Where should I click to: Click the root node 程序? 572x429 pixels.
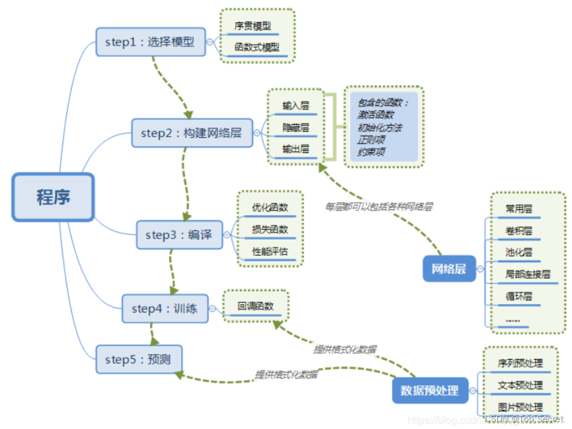[x=53, y=198]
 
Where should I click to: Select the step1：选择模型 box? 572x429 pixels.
[x=150, y=42]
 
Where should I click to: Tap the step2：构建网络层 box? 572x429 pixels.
[x=191, y=133]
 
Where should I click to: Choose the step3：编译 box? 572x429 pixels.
[x=179, y=235]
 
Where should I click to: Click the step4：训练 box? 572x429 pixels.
[x=164, y=309]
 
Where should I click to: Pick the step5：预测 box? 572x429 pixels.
[x=138, y=360]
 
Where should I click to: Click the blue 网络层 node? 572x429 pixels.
[x=449, y=268]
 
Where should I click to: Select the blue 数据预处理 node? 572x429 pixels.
[x=429, y=391]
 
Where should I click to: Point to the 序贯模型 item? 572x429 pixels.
[x=253, y=26]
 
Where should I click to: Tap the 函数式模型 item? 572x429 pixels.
[x=257, y=48]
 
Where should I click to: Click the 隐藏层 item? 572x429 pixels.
[x=295, y=127]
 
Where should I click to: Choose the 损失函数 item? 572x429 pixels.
[x=270, y=229]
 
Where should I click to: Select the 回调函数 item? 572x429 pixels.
[x=256, y=306]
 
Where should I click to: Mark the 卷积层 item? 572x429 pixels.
[x=519, y=231]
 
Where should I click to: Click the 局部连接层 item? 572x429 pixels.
[x=527, y=274]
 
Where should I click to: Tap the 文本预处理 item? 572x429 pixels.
[x=520, y=385]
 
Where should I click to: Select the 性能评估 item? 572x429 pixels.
[x=270, y=251]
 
